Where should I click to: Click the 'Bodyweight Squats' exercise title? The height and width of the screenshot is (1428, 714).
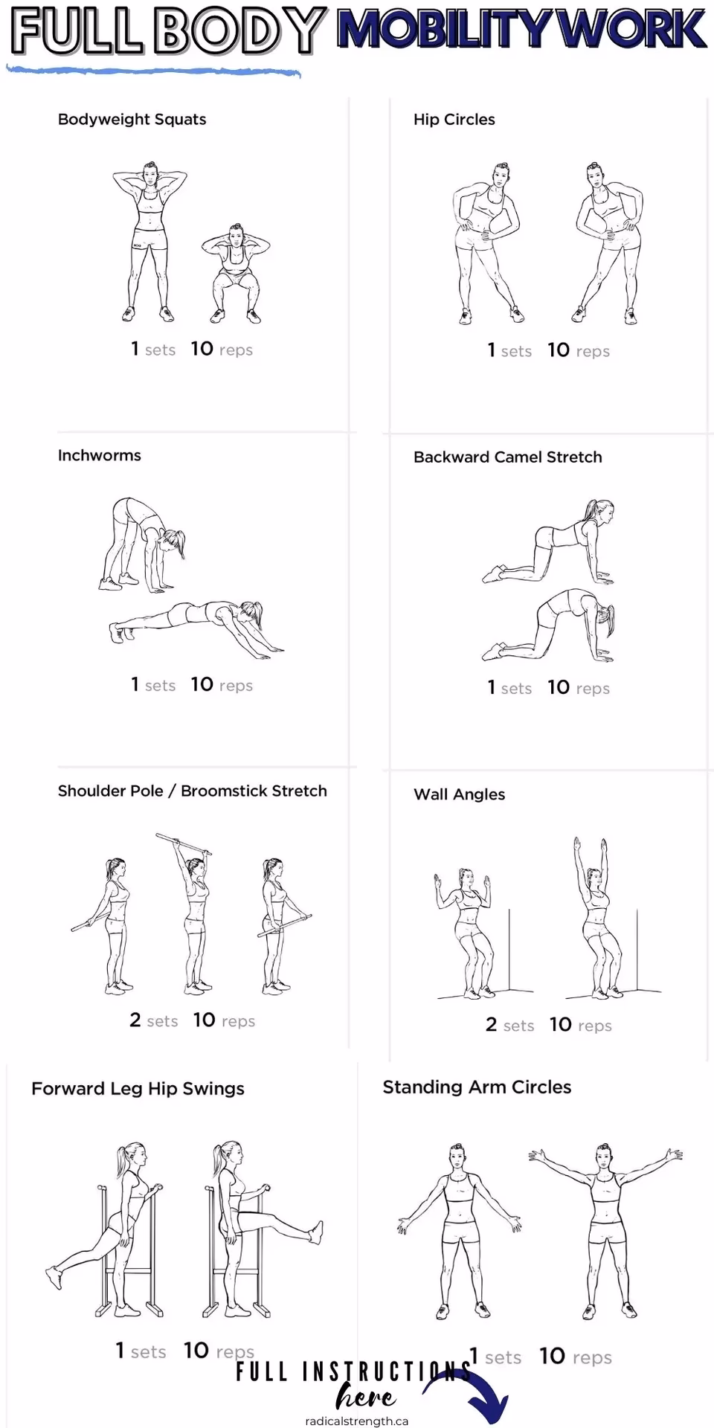coord(132,120)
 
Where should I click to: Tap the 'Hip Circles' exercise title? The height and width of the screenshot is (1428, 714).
coord(454,120)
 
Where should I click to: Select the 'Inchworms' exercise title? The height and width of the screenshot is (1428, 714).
coord(99,455)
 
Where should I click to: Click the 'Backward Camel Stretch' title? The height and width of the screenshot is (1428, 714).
coord(507,457)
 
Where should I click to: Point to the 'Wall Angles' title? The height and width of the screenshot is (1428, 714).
coord(459,794)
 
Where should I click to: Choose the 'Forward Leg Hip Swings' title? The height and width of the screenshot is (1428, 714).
coord(138,1089)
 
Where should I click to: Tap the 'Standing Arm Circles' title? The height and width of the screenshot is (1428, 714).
coord(477,1087)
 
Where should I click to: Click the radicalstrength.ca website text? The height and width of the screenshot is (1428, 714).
coord(356,1421)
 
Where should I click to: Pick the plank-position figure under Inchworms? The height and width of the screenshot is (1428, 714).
coord(197,621)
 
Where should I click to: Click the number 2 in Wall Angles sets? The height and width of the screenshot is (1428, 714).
coord(491,1025)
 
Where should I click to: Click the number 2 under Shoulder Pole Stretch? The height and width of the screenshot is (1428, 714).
coord(135,1020)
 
